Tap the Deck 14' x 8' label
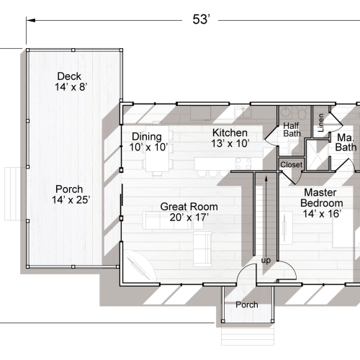pos(71,81)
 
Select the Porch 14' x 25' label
pos(71,194)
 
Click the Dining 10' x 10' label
pos(148,142)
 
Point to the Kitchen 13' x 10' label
pos(230,138)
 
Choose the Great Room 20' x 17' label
pos(189,212)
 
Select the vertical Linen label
pos(320,122)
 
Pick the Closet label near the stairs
pos(291,165)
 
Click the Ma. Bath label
pos(345,143)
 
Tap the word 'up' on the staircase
pos(266,260)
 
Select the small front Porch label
pos(247,305)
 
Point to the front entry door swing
pos(247,274)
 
